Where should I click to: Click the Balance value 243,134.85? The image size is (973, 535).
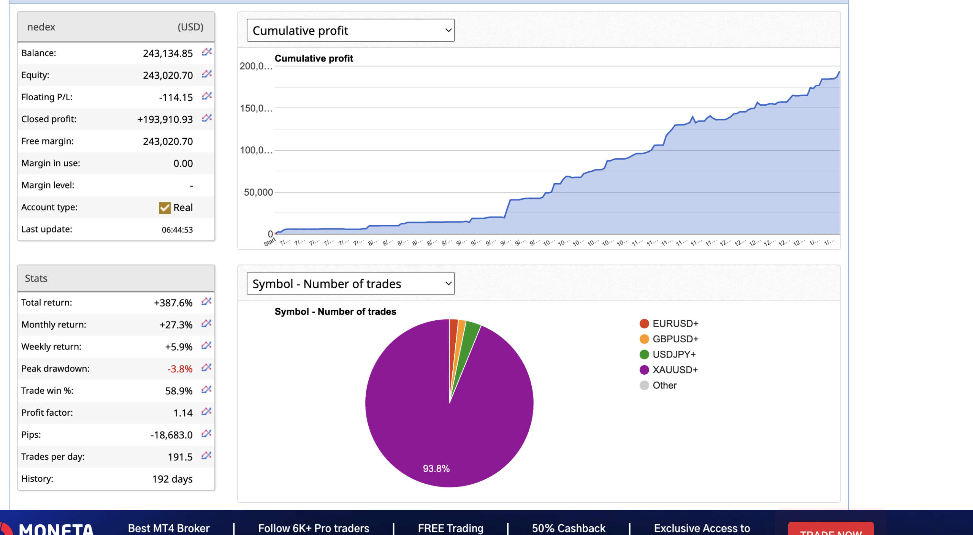click(168, 53)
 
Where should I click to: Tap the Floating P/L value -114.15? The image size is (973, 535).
click(176, 97)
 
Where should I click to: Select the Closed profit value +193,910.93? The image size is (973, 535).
click(165, 119)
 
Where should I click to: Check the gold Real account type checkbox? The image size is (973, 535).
click(165, 208)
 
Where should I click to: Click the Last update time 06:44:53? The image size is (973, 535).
click(177, 230)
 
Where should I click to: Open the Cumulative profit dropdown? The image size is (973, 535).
click(350, 30)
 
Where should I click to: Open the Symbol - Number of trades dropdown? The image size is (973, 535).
click(350, 283)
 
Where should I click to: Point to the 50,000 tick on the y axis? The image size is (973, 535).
click(258, 192)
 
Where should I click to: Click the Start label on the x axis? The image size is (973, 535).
click(269, 242)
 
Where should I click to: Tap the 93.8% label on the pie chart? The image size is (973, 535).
click(436, 469)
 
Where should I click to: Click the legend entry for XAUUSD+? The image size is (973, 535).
click(675, 370)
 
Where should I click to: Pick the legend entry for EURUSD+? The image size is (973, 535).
click(675, 324)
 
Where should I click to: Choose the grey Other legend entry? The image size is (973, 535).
click(664, 385)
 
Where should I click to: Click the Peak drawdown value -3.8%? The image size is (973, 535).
click(180, 369)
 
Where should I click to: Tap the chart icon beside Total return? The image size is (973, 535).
click(206, 302)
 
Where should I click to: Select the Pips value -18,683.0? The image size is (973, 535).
click(171, 435)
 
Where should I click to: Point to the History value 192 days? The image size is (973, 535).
click(172, 479)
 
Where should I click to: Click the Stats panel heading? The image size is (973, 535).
click(36, 279)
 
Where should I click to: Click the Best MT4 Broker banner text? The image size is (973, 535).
click(168, 528)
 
